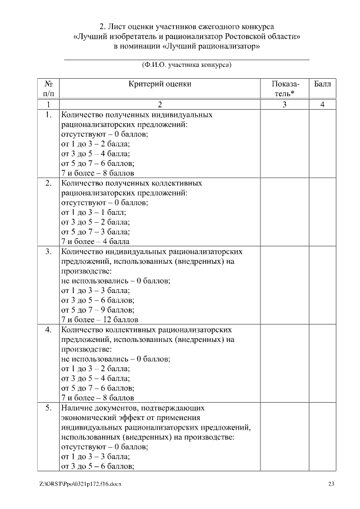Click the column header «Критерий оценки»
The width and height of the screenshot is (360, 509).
160,84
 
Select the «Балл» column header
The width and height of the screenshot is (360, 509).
322,84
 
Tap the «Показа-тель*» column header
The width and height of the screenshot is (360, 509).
285,88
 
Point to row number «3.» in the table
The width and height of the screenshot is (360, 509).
48,251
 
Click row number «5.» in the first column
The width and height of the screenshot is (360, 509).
48,407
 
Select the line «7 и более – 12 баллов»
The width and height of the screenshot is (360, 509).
95,319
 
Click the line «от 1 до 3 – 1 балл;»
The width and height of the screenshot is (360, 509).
93,212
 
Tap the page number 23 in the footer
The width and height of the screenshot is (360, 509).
331,484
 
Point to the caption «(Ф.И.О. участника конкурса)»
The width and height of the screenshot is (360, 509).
187,65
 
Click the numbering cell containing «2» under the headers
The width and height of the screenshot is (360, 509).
160,104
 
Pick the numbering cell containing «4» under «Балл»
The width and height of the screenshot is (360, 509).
322,104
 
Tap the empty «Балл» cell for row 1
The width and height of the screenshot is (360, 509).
322,143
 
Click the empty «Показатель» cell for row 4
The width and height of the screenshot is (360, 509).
285,363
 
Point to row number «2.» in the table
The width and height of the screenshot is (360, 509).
48,183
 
